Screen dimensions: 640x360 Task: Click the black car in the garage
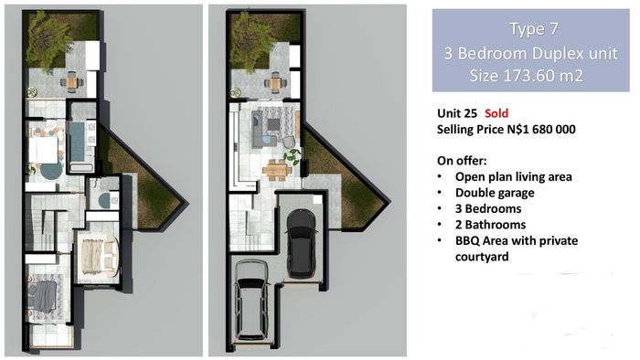point(301,243)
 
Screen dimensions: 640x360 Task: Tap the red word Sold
point(496,113)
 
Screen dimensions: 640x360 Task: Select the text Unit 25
point(457,113)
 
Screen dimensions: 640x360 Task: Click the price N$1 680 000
point(541,129)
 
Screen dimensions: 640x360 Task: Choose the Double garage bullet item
point(495,193)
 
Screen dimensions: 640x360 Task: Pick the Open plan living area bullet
point(514,176)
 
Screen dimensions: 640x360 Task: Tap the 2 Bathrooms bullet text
point(491,224)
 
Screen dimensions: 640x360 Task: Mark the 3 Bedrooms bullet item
point(488,208)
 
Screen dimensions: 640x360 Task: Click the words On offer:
point(462,161)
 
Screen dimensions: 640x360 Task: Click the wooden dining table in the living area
point(276,170)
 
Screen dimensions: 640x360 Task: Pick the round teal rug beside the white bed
point(51,171)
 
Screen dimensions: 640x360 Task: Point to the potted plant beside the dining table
point(293,155)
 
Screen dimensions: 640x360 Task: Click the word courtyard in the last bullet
point(482,257)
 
